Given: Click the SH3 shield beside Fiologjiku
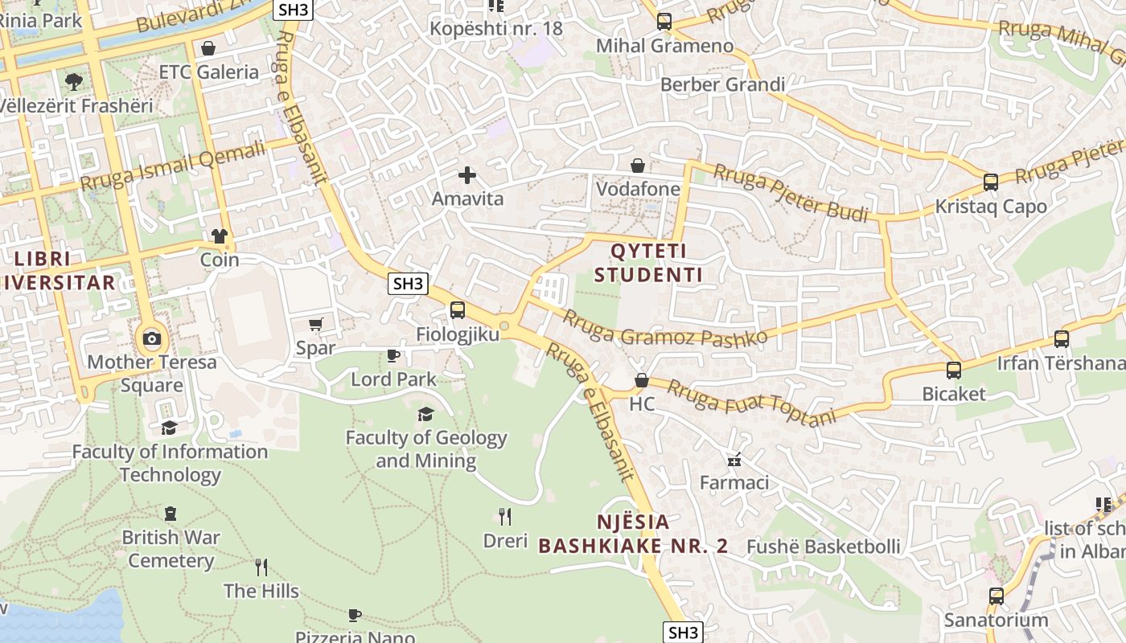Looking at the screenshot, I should pyautogui.click(x=408, y=283).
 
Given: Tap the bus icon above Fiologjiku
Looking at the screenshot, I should pyautogui.click(x=457, y=309).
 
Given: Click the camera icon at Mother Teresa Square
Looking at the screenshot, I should pyautogui.click(x=151, y=338).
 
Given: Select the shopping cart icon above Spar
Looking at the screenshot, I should pyautogui.click(x=315, y=324).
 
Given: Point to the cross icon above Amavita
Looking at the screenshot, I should pyautogui.click(x=466, y=174).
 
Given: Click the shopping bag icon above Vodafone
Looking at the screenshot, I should pyautogui.click(x=638, y=166).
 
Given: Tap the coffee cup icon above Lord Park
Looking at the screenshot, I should pyautogui.click(x=393, y=355).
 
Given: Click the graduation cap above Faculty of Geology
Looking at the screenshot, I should pyautogui.click(x=425, y=414).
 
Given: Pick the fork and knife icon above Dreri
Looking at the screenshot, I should pyautogui.click(x=505, y=516).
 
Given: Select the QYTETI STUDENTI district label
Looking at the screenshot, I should pyautogui.click(x=648, y=263).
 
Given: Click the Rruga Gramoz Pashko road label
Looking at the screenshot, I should pyautogui.click(x=664, y=327).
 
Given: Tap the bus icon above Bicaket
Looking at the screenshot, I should pyautogui.click(x=954, y=371).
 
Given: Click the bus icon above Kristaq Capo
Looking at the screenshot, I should pyautogui.click(x=991, y=182).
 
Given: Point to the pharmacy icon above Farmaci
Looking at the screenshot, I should pyautogui.click(x=734, y=460).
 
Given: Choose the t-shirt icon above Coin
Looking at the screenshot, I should pyautogui.click(x=220, y=236).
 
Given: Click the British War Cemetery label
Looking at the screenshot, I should pyautogui.click(x=171, y=548).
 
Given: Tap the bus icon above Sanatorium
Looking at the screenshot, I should pyautogui.click(x=996, y=596).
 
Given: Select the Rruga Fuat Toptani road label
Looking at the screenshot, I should pyautogui.click(x=753, y=402).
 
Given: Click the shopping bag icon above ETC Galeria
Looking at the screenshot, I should pyautogui.click(x=208, y=48).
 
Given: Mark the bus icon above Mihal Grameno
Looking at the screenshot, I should pyautogui.click(x=664, y=22).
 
